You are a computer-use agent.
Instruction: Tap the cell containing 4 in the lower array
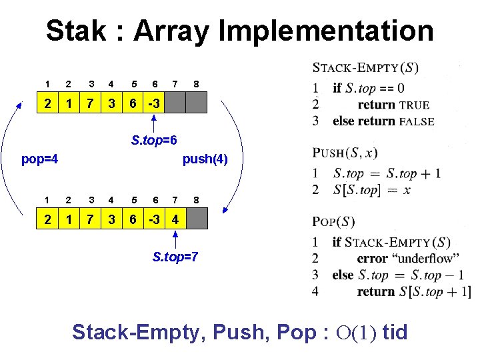point(175,219)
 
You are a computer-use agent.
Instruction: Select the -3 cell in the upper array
point(153,103)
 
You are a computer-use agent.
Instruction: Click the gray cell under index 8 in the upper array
point(197,103)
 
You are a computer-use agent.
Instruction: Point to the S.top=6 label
point(154,141)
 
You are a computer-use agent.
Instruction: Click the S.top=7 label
point(175,257)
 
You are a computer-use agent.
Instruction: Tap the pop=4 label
point(40,159)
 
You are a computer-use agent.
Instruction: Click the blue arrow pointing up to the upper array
point(154,124)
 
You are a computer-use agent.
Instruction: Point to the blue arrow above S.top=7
point(175,240)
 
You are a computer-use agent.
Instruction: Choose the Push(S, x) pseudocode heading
point(345,153)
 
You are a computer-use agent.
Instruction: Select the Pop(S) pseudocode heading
point(333,221)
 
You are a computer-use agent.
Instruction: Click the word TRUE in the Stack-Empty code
point(414,105)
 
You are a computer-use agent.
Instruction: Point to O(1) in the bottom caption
point(353,332)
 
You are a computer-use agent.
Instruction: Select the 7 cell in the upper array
point(89,103)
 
